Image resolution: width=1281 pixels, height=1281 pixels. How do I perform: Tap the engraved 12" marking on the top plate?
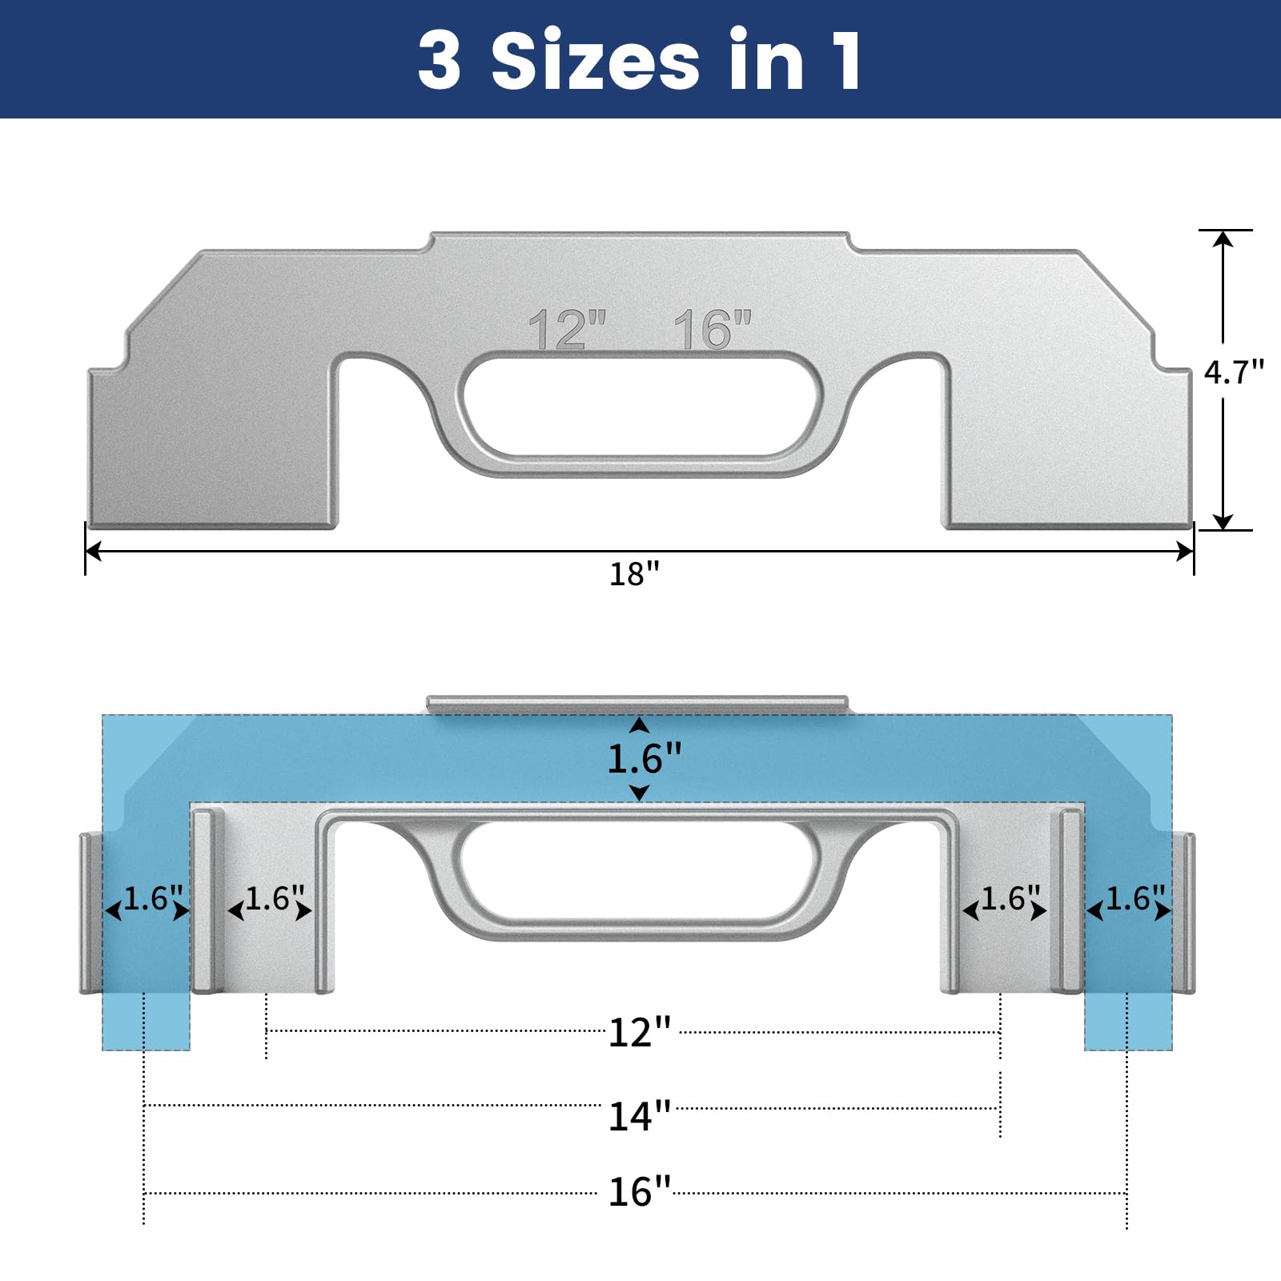567,329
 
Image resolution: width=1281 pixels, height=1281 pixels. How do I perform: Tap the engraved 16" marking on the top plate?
712,329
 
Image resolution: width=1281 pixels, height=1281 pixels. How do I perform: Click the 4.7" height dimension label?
1233,372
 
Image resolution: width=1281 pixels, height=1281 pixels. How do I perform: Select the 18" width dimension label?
634,574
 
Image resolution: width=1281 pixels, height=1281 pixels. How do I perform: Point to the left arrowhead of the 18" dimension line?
93,551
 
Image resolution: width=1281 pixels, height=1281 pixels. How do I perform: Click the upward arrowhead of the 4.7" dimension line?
1223,239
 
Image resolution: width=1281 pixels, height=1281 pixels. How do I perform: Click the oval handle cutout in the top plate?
640,407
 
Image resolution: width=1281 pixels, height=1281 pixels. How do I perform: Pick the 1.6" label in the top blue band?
644,758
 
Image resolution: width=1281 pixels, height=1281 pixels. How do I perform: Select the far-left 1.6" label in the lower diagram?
152,898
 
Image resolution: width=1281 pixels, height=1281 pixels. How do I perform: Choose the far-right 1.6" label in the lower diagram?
1134,898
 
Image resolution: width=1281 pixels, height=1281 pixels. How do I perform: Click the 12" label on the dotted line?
639,1033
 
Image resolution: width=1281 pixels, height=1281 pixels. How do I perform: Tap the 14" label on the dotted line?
639,1116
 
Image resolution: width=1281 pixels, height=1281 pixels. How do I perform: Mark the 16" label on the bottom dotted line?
639,1192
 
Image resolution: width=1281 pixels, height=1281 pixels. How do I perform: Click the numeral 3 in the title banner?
440,61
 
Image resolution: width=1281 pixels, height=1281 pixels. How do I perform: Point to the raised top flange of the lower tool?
636,704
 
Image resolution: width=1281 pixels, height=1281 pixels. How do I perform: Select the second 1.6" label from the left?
274,898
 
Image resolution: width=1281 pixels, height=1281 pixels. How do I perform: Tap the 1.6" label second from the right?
1010,898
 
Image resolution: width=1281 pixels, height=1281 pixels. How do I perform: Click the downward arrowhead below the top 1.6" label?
639,793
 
